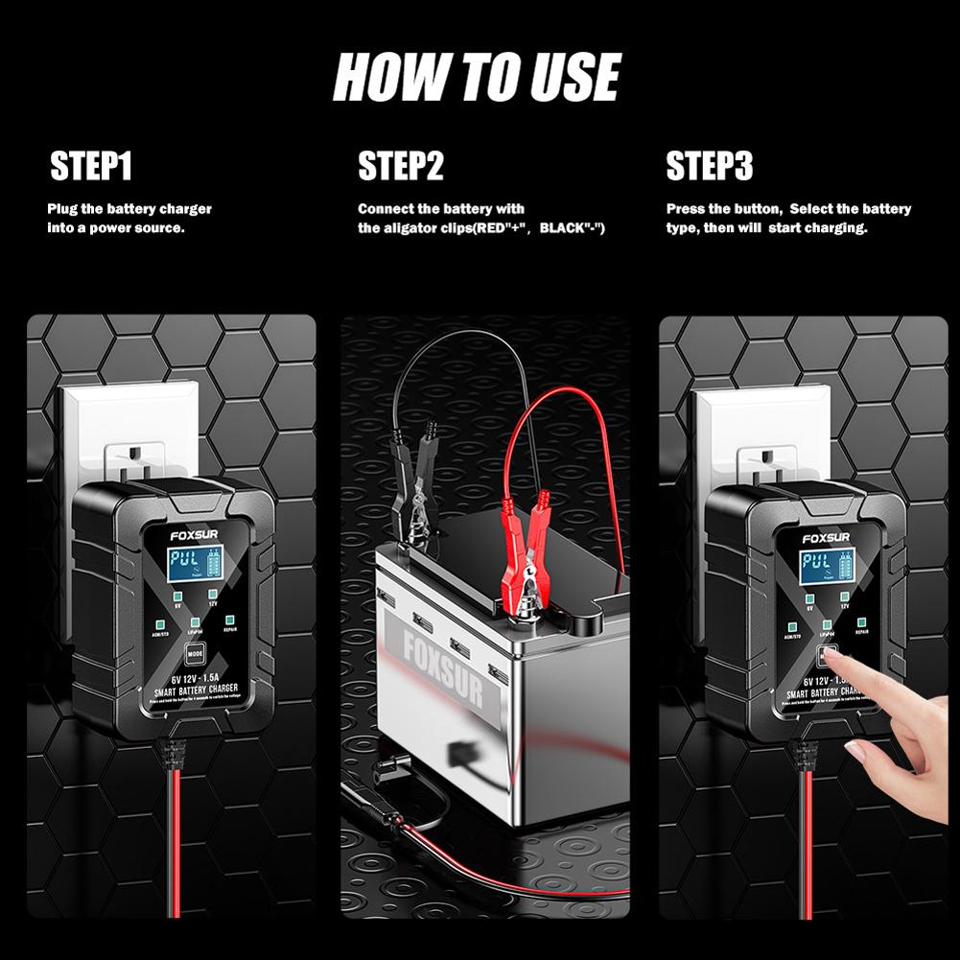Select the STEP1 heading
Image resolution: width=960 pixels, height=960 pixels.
(91, 166)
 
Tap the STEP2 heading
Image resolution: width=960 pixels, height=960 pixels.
(401, 166)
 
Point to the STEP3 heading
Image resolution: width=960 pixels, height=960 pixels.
(710, 166)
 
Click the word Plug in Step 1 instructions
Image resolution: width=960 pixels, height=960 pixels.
(63, 209)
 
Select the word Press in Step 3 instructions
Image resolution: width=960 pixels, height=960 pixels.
(686, 209)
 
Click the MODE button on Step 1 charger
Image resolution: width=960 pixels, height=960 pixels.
(196, 655)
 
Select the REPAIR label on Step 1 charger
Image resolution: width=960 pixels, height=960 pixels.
(230, 632)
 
